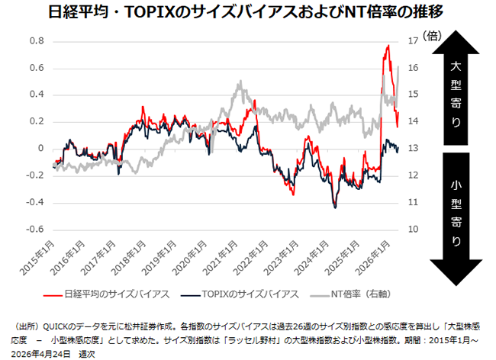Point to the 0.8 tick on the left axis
point(36,40)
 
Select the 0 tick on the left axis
point(40,149)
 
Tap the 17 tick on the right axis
point(414,40)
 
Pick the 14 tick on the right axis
point(414,121)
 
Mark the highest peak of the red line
point(388,46)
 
